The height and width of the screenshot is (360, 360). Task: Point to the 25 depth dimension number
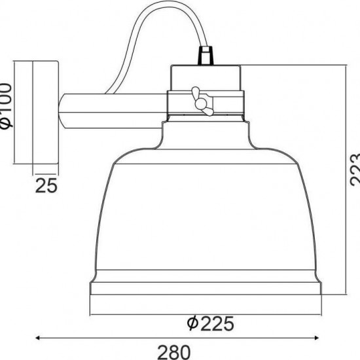[46, 187]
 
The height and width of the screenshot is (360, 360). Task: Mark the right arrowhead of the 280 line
[321, 337]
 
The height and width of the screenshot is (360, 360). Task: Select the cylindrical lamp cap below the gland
[206, 77]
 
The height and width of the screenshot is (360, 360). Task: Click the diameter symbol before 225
[190, 323]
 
